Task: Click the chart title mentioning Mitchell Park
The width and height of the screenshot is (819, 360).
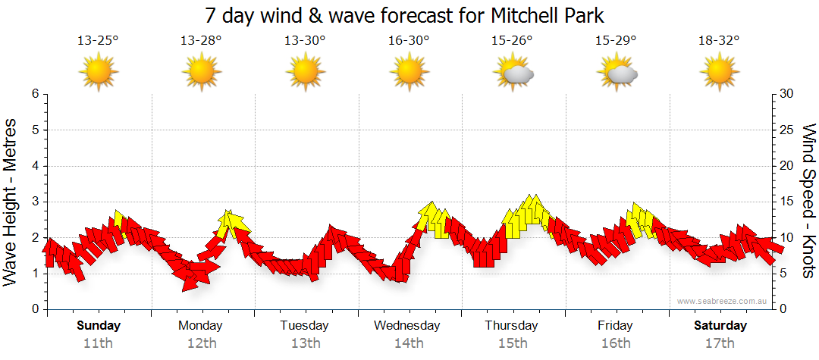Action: coord(405,15)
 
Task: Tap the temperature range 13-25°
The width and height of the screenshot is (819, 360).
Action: coord(98,40)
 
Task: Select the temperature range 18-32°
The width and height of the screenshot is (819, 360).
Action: coord(719,40)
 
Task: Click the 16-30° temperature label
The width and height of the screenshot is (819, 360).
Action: coord(409,40)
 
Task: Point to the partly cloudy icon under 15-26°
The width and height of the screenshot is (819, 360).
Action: coord(513,74)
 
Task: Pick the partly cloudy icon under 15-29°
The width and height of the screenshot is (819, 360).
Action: coord(617,74)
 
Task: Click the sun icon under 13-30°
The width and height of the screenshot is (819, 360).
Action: coord(305,74)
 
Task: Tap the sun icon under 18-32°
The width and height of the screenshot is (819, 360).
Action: coord(719,74)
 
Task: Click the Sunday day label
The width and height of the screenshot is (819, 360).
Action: coord(99,326)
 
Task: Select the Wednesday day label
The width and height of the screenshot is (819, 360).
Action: coord(407,326)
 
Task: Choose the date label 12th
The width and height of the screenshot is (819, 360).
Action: coord(201,343)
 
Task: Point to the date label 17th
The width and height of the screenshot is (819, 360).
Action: coord(720,343)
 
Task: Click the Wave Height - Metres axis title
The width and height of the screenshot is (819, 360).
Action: coord(11,201)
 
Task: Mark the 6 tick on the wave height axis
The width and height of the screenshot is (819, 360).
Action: coord(34,94)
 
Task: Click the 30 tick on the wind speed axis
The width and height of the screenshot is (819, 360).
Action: coord(787,94)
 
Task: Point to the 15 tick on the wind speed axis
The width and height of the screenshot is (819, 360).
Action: coord(787,202)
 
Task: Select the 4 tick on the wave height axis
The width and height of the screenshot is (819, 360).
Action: coord(34,166)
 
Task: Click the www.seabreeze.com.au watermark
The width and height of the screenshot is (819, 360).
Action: coord(723,302)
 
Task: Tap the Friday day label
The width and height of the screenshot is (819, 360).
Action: coord(615,326)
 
